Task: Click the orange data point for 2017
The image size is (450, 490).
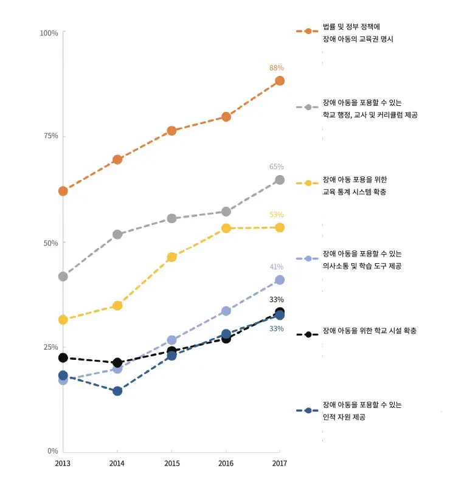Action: (280, 81)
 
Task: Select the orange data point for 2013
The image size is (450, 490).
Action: (63, 191)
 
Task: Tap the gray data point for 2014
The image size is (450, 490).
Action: (117, 234)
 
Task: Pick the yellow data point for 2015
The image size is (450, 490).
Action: (171, 257)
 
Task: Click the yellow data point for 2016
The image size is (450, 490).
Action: (226, 228)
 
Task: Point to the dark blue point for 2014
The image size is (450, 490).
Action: (117, 391)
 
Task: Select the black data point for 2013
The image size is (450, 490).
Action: (63, 357)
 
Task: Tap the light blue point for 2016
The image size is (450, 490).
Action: (226, 311)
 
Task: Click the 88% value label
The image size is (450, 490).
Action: (277, 68)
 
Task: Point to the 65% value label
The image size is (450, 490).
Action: (277, 167)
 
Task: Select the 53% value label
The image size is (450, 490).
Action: (277, 215)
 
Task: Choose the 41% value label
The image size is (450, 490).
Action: (277, 267)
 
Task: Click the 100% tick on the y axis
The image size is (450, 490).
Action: (49, 33)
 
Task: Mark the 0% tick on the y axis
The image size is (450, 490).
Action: (52, 451)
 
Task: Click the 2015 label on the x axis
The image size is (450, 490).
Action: (171, 463)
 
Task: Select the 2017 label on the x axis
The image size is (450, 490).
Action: (280, 463)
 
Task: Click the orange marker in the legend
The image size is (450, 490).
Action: (308, 31)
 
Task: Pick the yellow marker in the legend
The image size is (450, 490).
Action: (308, 183)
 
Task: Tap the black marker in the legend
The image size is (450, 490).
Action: (308, 334)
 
